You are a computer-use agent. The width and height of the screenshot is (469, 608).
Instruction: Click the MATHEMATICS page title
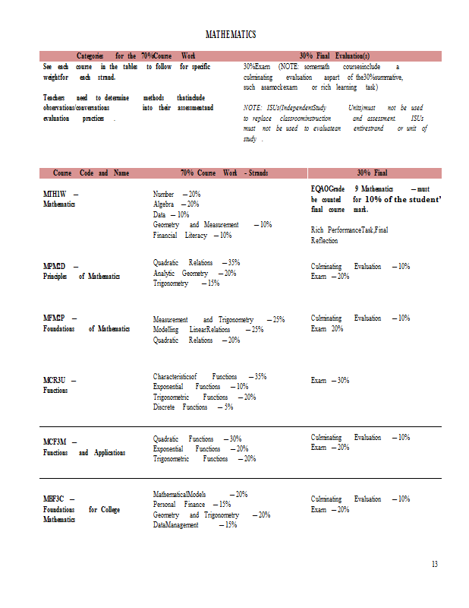231,35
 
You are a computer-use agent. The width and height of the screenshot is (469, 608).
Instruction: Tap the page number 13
434,564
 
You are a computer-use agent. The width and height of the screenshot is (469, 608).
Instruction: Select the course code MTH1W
55,194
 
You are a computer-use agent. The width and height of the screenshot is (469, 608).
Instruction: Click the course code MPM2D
55,266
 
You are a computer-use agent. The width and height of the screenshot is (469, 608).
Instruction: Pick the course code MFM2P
55,319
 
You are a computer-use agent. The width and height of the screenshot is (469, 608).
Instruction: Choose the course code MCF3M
55,442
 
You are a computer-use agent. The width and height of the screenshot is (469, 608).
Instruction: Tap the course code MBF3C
54,499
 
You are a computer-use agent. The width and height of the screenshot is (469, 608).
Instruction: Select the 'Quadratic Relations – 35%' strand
196,262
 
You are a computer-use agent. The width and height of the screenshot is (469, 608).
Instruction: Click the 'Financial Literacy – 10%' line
192,236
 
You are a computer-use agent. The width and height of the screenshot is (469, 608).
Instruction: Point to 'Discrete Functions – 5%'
193,407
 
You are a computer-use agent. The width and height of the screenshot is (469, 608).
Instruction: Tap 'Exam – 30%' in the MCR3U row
330,380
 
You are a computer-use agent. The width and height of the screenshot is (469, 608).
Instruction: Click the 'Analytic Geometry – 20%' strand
194,273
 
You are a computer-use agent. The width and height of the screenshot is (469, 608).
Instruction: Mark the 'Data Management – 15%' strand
194,525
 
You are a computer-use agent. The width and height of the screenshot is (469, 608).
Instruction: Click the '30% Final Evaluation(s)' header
335,55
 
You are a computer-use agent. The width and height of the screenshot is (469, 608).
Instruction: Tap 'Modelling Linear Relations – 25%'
208,330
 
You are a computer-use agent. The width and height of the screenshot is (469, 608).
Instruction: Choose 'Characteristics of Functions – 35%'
209,376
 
